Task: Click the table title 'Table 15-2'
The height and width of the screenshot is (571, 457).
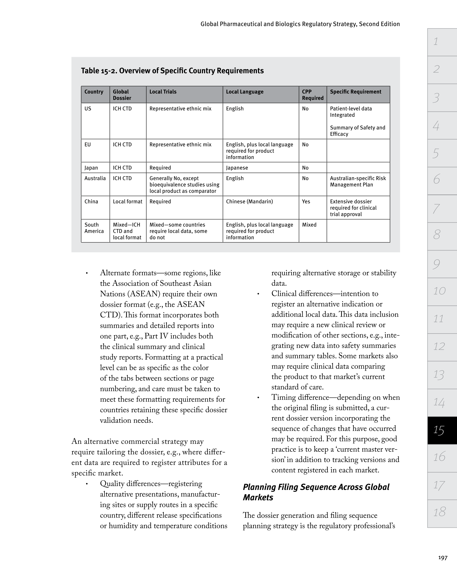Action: pyautogui.click(x=172, y=71)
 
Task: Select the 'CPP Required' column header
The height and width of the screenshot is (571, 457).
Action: pyautogui.click(x=313, y=95)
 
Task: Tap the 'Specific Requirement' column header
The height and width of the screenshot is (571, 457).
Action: pyautogui.click(x=356, y=92)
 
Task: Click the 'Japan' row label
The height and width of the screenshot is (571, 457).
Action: pyautogui.click(x=91, y=168)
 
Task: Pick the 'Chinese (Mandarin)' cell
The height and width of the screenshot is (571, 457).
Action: pyautogui.click(x=249, y=202)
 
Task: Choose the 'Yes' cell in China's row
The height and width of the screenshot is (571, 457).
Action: pyautogui.click(x=306, y=202)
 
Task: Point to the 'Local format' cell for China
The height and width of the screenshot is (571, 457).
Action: pyautogui.click(x=128, y=202)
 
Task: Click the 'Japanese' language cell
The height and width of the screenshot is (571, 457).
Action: pyautogui.click(x=237, y=168)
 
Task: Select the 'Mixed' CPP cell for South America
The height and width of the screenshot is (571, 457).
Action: pyautogui.click(x=309, y=225)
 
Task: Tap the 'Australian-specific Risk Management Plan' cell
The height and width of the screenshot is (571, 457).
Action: pyautogui.click(x=358, y=181)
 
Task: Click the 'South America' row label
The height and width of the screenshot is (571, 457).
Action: pyautogui.click(x=94, y=228)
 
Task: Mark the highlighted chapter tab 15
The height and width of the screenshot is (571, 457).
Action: pyautogui.click(x=442, y=430)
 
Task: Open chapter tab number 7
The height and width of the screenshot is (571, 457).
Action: pyautogui.click(x=442, y=209)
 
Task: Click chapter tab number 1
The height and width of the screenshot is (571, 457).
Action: pyautogui.click(x=442, y=42)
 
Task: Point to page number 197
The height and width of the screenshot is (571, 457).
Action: pyautogui.click(x=442, y=558)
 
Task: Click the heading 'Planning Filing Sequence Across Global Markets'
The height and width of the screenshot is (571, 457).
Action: pyautogui.click(x=316, y=492)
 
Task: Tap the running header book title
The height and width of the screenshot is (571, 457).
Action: pyautogui.click(x=300, y=24)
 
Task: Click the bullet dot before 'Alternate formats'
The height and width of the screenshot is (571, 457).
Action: pyautogui.click(x=87, y=273)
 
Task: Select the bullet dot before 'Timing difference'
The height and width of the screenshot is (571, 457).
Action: pyautogui.click(x=258, y=398)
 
